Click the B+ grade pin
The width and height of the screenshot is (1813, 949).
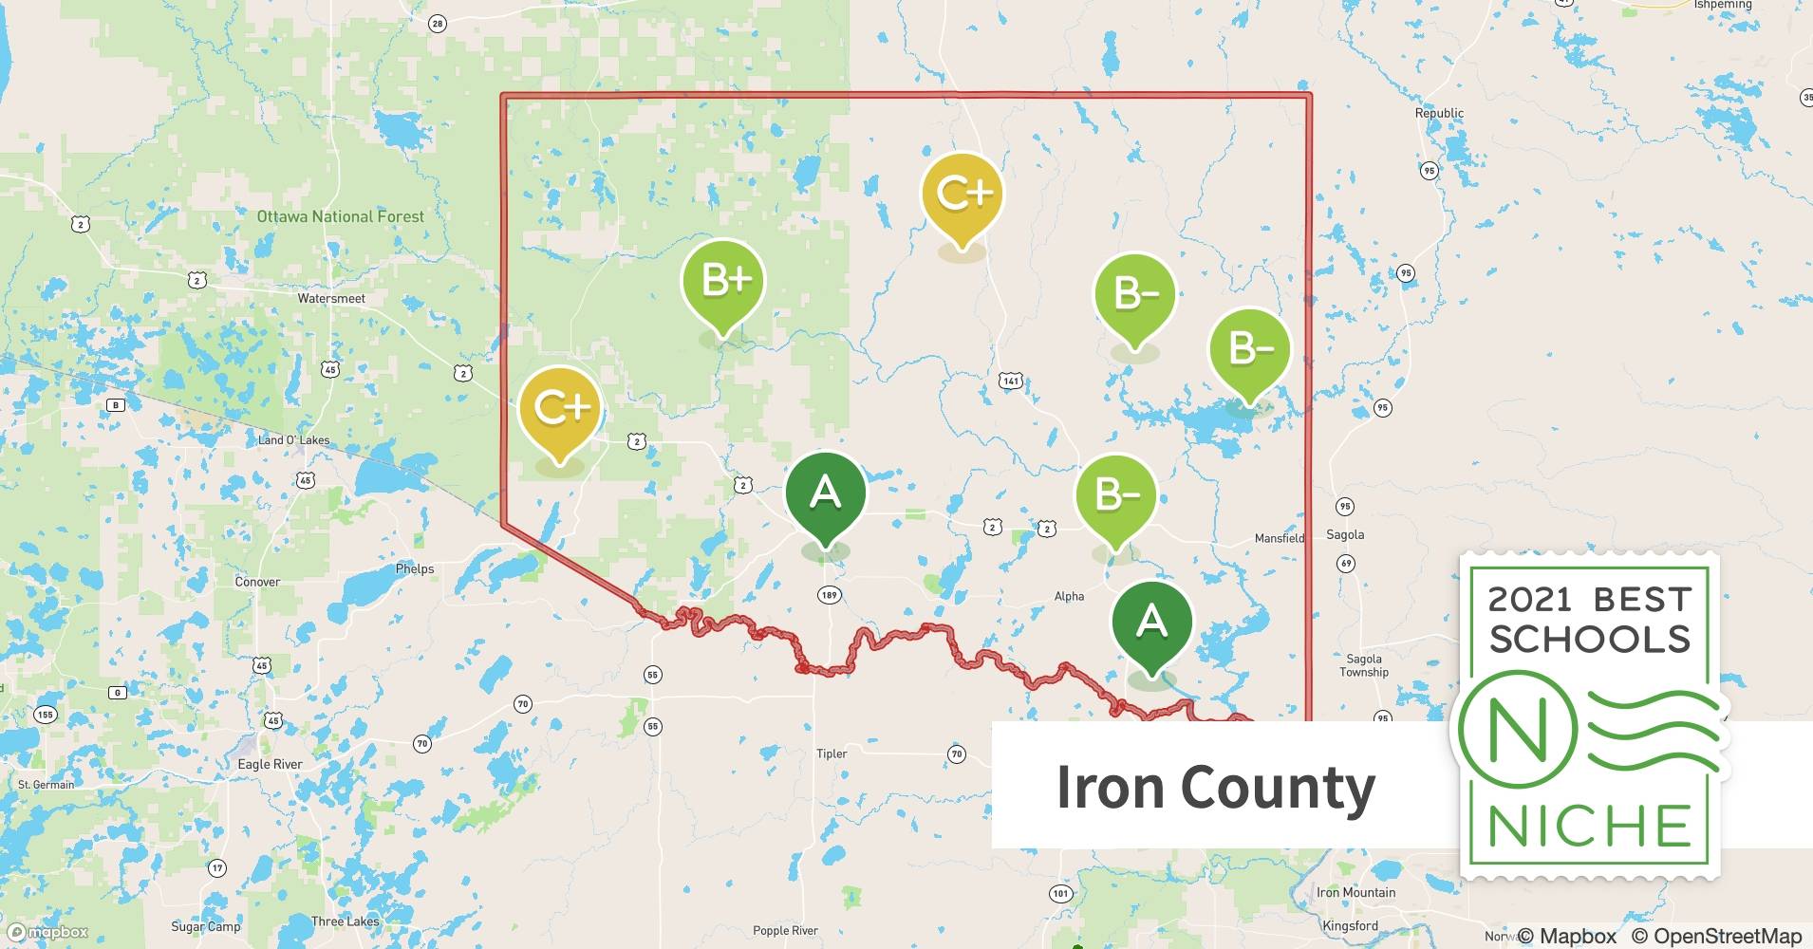point(723,282)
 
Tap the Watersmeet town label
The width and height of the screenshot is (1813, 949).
point(331,298)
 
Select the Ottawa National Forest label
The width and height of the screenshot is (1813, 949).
point(341,216)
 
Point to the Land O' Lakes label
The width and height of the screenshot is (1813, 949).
point(294,440)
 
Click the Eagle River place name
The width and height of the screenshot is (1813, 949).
point(270,764)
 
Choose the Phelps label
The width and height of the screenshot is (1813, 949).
point(415,569)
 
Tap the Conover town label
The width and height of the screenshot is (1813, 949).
point(257,582)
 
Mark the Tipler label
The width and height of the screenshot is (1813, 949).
point(832,754)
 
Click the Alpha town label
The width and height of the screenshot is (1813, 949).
point(1069,596)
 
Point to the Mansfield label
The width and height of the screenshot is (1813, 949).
point(1280,538)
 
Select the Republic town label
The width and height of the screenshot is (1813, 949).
point(1439,113)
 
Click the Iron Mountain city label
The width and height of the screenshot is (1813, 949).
point(1355,892)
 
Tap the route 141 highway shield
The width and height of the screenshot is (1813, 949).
point(1011,381)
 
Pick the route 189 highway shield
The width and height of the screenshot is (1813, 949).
point(829,595)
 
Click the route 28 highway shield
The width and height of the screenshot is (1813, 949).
point(437,24)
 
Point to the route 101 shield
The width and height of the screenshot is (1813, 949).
point(1060,893)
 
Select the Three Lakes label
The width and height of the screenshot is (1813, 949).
point(345,921)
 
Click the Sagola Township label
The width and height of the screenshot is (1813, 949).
point(1364,665)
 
